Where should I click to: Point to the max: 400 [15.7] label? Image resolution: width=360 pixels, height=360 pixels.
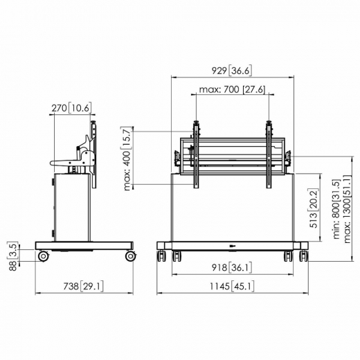126,156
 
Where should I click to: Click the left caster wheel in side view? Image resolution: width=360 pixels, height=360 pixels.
44,257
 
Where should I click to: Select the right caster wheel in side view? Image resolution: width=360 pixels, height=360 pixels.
129,257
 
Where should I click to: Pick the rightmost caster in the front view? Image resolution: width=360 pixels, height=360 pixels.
302,256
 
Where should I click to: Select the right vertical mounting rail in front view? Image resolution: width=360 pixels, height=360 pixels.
269,154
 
